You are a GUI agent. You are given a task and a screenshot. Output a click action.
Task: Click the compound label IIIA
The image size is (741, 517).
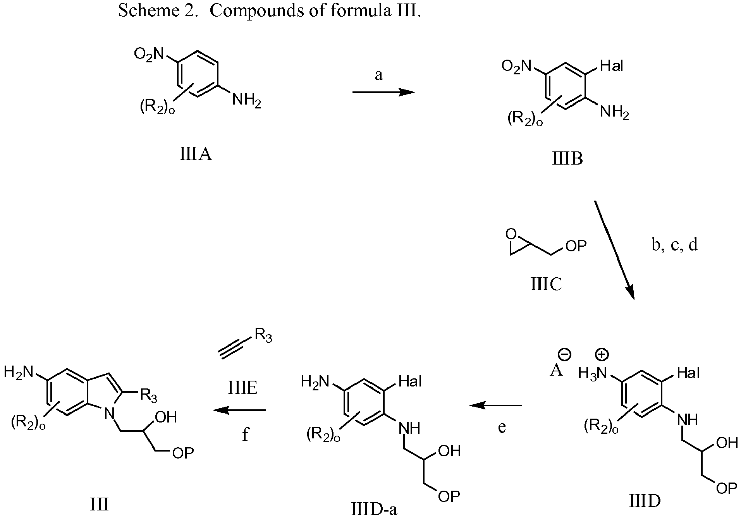pyautogui.click(x=196, y=155)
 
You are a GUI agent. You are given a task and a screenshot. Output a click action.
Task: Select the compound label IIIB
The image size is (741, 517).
pyautogui.click(x=567, y=159)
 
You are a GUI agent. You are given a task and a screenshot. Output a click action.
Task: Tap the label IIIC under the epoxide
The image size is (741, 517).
pyautogui.click(x=546, y=284)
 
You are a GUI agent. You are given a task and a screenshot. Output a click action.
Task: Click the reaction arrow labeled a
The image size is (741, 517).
pyautogui.click(x=383, y=92)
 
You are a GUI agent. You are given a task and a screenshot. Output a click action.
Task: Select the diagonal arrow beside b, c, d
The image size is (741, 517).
pyautogui.click(x=614, y=250)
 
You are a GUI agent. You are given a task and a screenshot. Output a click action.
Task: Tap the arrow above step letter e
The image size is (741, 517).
pyautogui.click(x=495, y=405)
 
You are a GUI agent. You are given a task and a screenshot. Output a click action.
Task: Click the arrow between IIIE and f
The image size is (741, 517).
pyautogui.click(x=239, y=410)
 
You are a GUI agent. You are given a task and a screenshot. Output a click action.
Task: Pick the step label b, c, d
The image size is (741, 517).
pyautogui.click(x=674, y=245)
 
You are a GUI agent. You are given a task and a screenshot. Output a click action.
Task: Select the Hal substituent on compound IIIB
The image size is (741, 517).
pyautogui.click(x=612, y=66)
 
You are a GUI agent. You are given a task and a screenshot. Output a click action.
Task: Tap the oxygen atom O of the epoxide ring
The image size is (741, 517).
pyautogui.click(x=511, y=234)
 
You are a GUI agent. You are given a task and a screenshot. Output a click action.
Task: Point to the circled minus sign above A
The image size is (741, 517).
pyautogui.click(x=564, y=354)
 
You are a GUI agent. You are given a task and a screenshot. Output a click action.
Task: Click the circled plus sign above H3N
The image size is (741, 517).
pyautogui.click(x=602, y=354)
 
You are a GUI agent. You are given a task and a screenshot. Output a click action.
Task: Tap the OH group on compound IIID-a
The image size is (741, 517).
pyautogui.click(x=449, y=450)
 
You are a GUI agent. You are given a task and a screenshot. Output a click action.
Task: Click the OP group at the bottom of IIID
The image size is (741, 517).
pyautogui.click(x=726, y=488)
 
